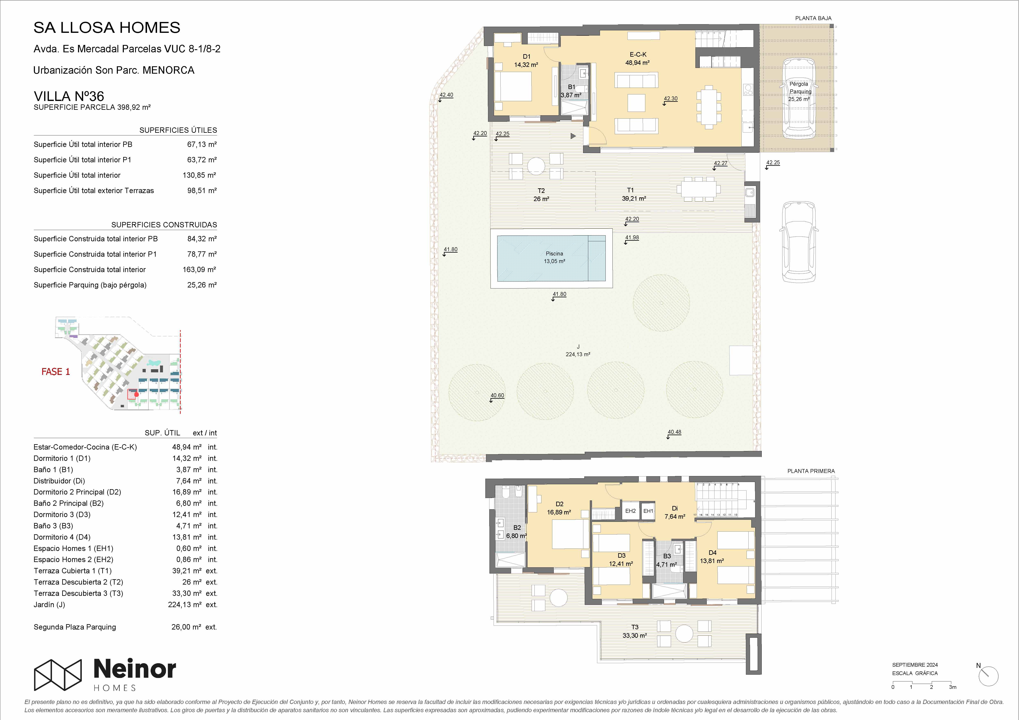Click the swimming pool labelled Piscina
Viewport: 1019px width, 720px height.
click(551, 258)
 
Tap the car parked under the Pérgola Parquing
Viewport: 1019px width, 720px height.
click(799, 98)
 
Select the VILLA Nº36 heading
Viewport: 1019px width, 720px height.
click(69, 96)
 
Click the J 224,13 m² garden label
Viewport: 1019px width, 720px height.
click(578, 350)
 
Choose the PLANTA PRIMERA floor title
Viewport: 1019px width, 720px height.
click(811, 471)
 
